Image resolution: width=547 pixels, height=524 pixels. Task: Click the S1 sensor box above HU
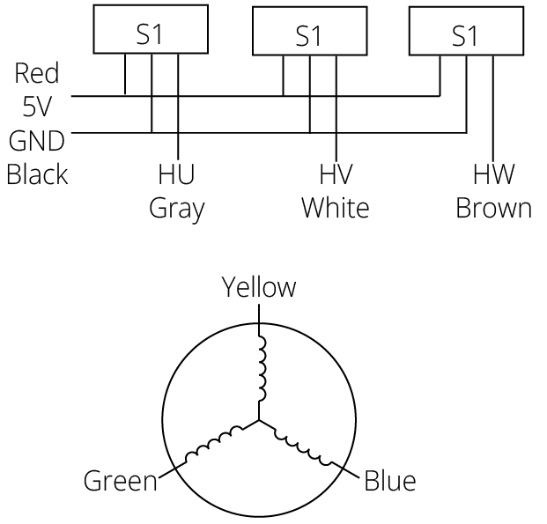[x=151, y=35]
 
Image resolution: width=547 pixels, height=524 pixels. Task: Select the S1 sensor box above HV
[x=308, y=36]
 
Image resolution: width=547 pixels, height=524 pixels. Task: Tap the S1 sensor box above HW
[x=464, y=35]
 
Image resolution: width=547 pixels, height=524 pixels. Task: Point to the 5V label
[x=38, y=107]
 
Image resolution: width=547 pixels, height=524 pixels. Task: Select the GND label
[x=36, y=140]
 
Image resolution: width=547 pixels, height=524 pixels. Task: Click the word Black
[x=37, y=173]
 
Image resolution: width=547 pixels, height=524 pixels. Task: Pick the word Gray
[x=176, y=209]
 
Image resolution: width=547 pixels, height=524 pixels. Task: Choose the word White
[x=335, y=209]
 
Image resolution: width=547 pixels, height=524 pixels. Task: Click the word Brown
[x=493, y=209]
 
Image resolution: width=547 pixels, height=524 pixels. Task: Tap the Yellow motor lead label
[x=259, y=287]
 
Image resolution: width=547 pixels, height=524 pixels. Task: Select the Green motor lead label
[x=120, y=482]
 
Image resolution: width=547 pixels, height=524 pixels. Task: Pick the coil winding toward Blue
[x=304, y=445]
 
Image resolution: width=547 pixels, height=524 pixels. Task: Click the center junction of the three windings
[x=260, y=420]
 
